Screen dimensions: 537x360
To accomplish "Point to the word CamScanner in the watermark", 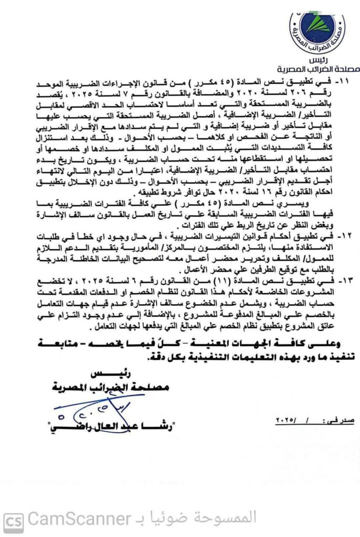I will click(78, 520).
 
